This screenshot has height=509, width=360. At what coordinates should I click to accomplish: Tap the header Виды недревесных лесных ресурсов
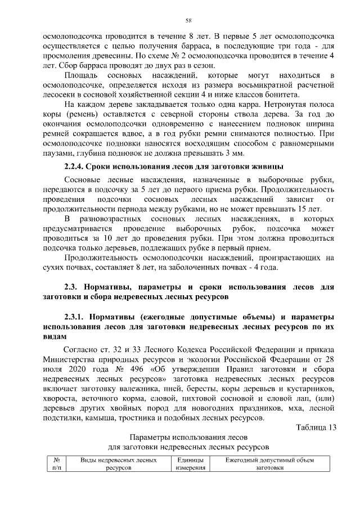(x=118, y=464)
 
